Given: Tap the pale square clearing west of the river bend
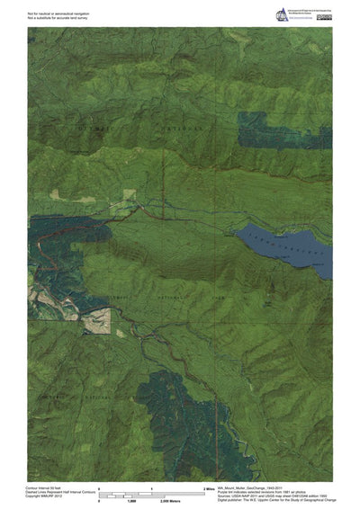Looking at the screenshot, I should [x=98, y=321].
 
